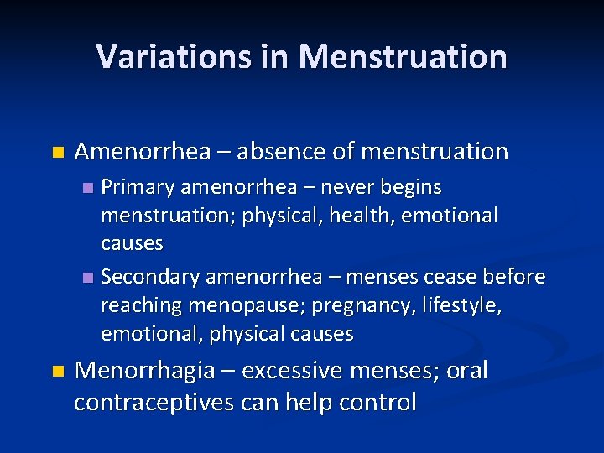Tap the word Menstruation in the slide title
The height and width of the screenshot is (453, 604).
[403, 57]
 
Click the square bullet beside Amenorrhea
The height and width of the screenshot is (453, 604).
[57, 153]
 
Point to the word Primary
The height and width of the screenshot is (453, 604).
[136, 186]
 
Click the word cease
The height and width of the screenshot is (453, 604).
[452, 277]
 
